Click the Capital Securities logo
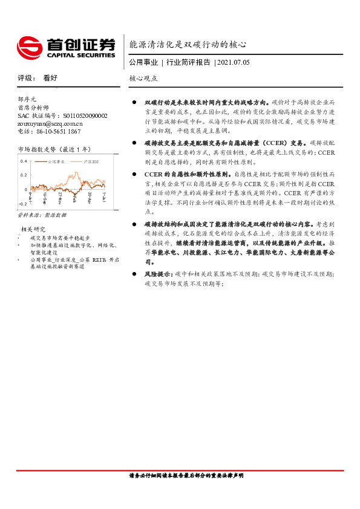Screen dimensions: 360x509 [66, 47]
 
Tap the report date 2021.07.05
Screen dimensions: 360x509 [232, 62]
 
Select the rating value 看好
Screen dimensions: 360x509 [50, 78]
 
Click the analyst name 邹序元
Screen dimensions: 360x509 [27, 99]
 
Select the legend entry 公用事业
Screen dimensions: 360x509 [56, 162]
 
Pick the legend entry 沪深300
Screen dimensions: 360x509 [88, 162]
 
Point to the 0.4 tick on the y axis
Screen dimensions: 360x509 [24, 161]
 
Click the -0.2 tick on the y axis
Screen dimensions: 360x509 [23, 204]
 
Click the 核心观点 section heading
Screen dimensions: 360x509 [143, 79]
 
